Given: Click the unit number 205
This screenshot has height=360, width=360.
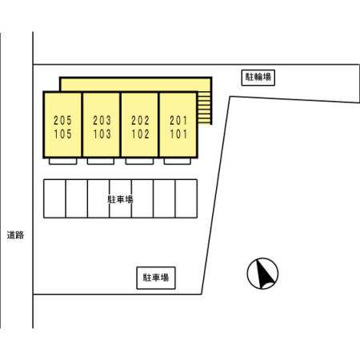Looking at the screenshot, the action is [62, 121].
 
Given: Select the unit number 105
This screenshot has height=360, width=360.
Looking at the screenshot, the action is [62, 134].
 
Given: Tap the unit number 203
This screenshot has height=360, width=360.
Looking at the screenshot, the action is [102, 121].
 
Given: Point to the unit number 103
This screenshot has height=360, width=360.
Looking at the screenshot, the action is [102, 134].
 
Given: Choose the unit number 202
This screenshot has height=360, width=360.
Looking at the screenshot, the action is [140, 121].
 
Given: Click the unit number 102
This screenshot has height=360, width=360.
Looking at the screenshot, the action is [140, 134].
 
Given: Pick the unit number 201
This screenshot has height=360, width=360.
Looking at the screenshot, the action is [178, 121].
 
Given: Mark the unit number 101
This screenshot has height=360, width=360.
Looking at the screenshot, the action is [178, 134].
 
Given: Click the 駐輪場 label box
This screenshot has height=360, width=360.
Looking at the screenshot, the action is [258, 78].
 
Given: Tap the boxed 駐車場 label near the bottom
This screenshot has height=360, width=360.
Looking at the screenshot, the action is [156, 278].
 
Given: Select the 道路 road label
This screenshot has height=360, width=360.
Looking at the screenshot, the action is [15, 235].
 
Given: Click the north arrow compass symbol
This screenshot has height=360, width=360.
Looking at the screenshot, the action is [262, 274].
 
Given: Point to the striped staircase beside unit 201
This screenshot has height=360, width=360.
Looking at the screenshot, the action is [205, 108].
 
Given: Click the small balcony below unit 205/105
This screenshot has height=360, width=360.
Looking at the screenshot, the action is [63, 162].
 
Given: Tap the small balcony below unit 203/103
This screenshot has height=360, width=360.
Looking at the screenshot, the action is [101, 162].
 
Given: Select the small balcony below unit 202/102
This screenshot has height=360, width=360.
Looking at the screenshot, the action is [139, 162].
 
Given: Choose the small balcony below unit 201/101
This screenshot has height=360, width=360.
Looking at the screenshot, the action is [178, 162].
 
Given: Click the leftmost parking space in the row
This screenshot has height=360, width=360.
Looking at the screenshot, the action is [54, 198].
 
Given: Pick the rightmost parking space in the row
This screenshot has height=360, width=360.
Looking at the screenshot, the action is [186, 198].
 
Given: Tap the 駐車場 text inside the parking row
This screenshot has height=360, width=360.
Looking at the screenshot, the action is [120, 199].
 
